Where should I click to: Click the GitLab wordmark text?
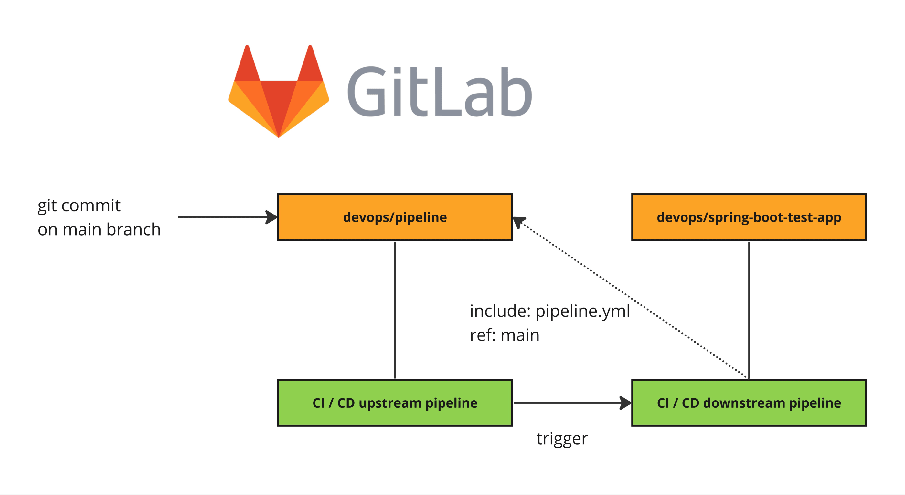click(x=439, y=92)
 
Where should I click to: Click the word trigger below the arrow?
click(x=562, y=439)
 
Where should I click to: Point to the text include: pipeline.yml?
click(x=549, y=311)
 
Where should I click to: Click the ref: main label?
click(x=505, y=335)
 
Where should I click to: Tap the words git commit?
click(x=79, y=205)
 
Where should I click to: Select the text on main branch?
click(x=99, y=230)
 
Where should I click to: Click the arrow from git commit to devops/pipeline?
click(x=225, y=217)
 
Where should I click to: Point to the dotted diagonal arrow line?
click(x=633, y=299)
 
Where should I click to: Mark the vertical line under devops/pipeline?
click(x=395, y=309)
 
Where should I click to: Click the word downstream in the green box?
click(x=744, y=403)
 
